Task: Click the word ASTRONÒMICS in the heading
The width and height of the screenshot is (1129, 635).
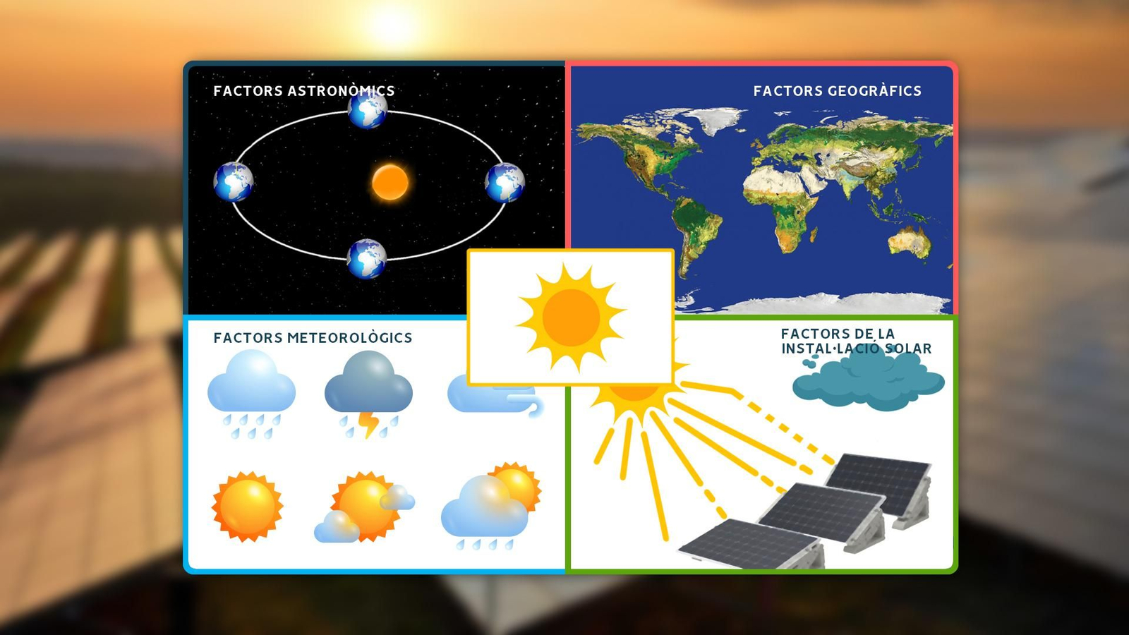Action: (341, 91)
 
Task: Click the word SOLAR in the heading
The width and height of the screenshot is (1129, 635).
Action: (908, 349)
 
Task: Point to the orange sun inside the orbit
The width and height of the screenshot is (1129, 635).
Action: (390, 182)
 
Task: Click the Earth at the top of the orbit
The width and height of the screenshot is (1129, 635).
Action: (368, 109)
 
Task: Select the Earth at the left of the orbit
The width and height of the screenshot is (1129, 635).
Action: (234, 181)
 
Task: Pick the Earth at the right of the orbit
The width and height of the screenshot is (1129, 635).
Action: (505, 182)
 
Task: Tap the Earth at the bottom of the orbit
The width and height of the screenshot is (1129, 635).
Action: (367, 259)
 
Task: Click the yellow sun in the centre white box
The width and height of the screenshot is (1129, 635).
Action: (571, 317)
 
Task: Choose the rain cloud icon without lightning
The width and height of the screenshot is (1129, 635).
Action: (251, 392)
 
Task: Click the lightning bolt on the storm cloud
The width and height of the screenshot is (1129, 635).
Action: (368, 424)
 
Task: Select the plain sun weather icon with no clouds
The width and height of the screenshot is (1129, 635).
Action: (247, 506)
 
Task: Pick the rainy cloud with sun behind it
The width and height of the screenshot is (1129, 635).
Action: (490, 506)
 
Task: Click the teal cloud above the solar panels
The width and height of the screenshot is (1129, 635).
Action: (868, 381)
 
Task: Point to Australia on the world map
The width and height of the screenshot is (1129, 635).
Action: (910, 241)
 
